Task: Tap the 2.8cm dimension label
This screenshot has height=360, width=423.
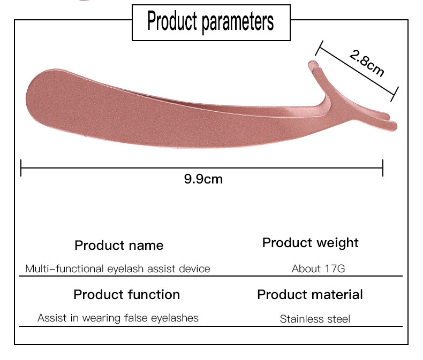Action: pyautogui.click(x=367, y=63)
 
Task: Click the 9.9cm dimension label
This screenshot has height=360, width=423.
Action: pyautogui.click(x=203, y=179)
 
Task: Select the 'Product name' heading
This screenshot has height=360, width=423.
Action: pyautogui.click(x=119, y=246)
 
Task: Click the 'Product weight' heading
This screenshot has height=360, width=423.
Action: pyautogui.click(x=310, y=243)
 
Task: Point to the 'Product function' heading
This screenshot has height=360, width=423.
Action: pyautogui.click(x=126, y=295)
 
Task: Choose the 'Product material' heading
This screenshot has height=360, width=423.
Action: pyautogui.click(x=309, y=295)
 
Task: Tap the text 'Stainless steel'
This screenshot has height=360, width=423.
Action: pyautogui.click(x=315, y=319)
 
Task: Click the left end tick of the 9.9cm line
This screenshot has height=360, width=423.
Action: pyautogui.click(x=21, y=168)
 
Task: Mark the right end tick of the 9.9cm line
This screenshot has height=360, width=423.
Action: pyautogui.click(x=383, y=168)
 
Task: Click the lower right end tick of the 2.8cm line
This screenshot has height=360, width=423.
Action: pyautogui.click(x=396, y=94)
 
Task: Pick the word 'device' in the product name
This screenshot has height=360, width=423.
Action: pyautogui.click(x=195, y=269)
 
